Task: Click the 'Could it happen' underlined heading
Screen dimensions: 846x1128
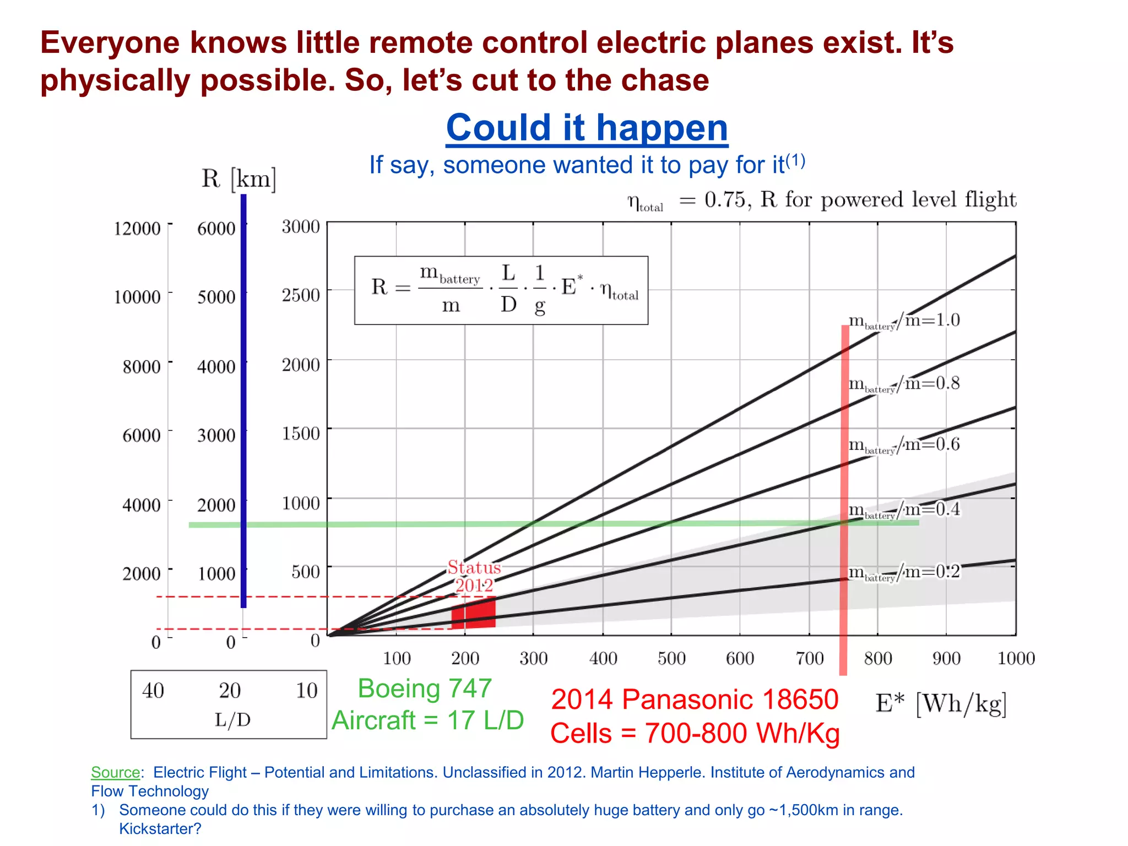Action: [587, 128]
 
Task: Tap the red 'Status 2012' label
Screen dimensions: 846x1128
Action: [474, 576]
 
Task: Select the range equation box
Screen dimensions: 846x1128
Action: [501, 290]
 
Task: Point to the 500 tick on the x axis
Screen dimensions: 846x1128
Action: [671, 658]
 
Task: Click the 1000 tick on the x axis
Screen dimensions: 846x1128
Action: [1016, 658]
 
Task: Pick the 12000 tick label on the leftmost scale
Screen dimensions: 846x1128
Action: [137, 229]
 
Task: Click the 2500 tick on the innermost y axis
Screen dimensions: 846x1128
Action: [301, 295]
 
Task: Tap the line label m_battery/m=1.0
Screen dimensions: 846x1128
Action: [904, 321]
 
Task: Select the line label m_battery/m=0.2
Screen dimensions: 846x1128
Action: [904, 572]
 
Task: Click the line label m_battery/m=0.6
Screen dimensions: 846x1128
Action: [904, 444]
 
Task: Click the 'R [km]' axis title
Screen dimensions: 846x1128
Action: [238, 178]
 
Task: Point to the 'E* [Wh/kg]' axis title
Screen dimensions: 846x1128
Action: [941, 704]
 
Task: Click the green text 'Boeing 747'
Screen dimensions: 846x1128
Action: [425, 688]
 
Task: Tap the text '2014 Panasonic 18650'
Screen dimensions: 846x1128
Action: [695, 699]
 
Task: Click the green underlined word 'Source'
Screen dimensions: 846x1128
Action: [115, 772]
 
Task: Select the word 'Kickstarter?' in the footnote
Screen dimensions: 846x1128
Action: [160, 828]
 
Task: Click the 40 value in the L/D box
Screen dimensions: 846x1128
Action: [153, 691]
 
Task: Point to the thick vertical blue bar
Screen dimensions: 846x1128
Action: [243, 402]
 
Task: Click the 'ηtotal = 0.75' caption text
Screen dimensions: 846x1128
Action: [688, 200]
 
